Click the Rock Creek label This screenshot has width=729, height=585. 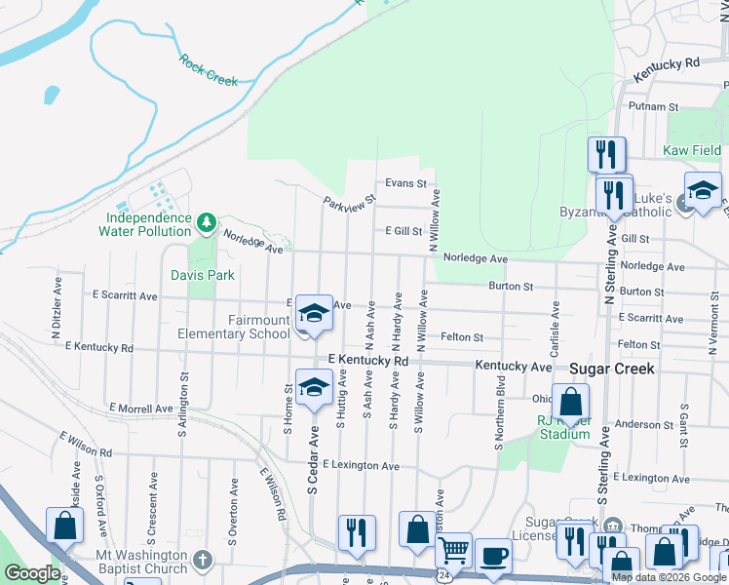point(209,70)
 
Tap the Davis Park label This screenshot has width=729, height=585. point(203,275)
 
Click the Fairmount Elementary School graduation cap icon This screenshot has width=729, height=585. point(314,314)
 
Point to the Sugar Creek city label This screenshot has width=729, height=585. point(613,370)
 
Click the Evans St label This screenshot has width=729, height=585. point(405,183)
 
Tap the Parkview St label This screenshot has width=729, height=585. point(349,200)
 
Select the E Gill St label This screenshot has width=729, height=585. point(402,231)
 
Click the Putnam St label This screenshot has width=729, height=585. point(653,106)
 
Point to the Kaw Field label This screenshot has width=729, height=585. point(692,150)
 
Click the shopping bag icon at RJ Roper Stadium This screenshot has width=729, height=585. point(570,401)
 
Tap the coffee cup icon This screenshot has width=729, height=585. point(493,556)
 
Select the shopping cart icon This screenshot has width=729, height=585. point(453,550)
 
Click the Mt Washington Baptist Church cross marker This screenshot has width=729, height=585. point(202,560)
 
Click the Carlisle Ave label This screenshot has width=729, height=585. point(556,323)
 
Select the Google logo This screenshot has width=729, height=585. point(32,573)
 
